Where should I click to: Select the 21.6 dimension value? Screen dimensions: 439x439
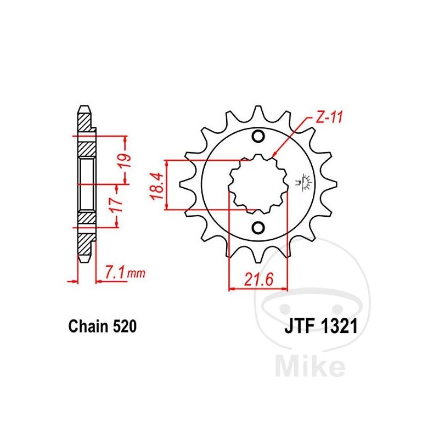click(x=258, y=280)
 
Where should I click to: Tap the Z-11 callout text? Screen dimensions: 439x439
click(x=329, y=117)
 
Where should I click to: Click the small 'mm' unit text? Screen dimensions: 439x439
click(x=136, y=273)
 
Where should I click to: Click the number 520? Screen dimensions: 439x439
click(x=125, y=327)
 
